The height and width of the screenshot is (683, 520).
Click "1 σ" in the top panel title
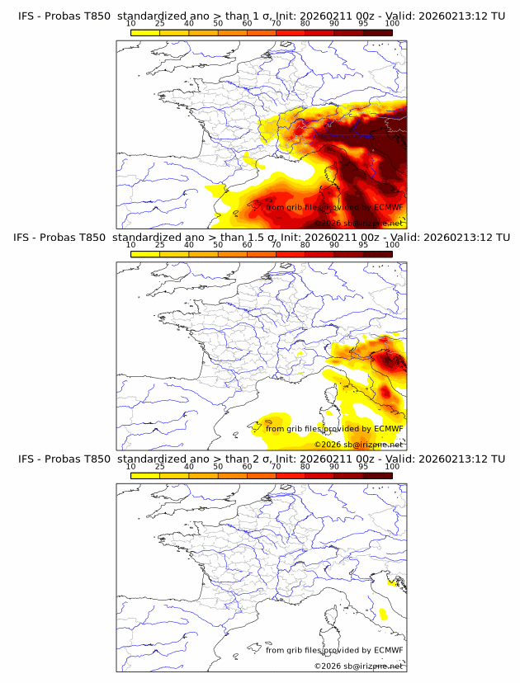coord(267,16)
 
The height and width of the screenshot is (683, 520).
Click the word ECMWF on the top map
coord(388,207)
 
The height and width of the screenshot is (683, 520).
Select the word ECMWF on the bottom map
coord(388,650)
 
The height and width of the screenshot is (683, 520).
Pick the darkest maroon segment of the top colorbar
coord(377,31)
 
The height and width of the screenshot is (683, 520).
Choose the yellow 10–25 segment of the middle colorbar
coord(145,253)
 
